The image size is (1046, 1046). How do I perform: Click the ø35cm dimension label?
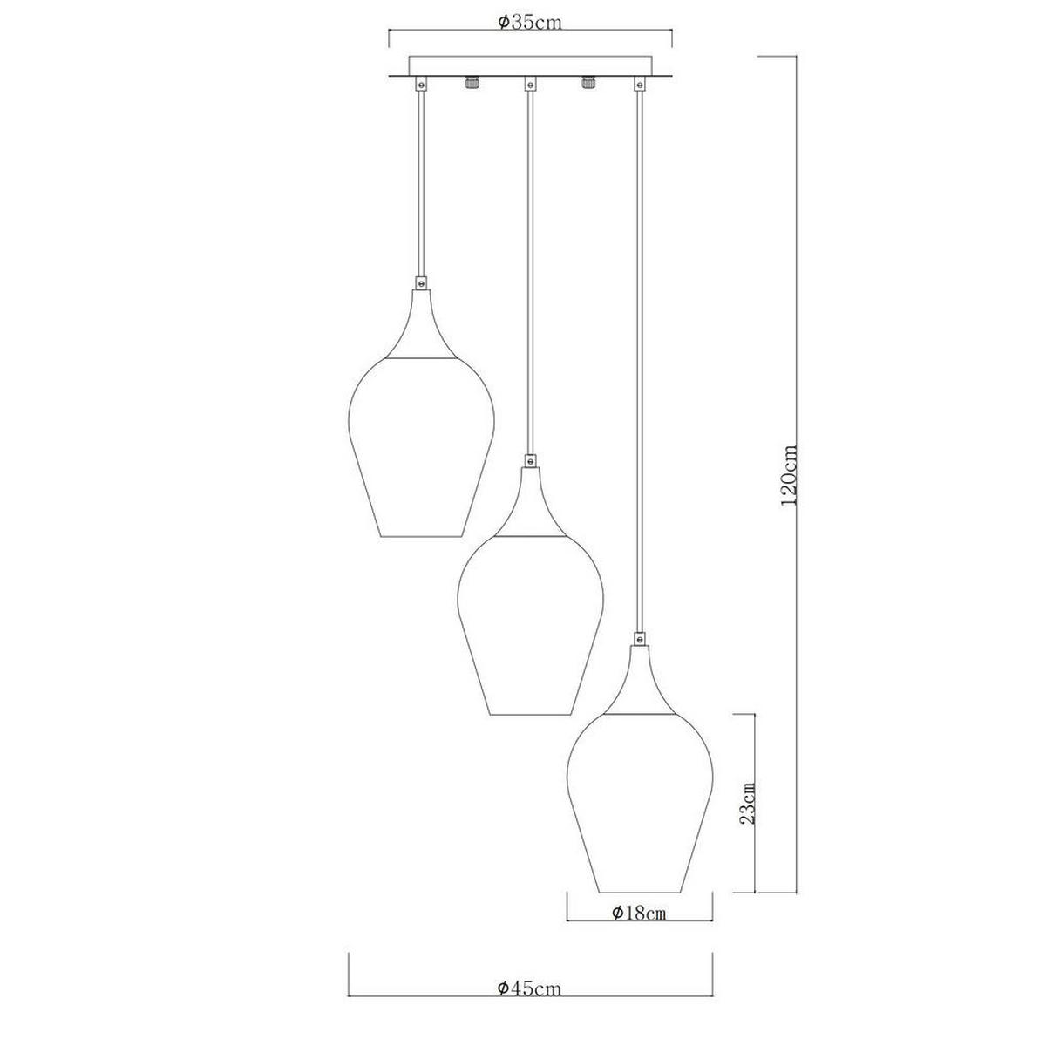coord(530,23)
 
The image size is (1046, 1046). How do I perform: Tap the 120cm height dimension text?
coord(790,476)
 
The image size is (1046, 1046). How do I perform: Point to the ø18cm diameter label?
coord(639,914)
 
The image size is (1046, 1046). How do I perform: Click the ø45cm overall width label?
coord(530,1014)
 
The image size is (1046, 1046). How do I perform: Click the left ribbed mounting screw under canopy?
coord(472,85)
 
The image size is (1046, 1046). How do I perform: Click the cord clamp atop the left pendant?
coord(421,283)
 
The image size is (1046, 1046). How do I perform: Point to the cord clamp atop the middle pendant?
coord(529,460)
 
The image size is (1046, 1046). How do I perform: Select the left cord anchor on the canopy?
coord(421,85)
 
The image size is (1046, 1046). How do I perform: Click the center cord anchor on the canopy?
coord(529,85)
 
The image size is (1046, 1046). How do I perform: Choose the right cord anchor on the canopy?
coord(640,85)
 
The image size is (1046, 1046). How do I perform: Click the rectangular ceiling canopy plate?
coord(530,67)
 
